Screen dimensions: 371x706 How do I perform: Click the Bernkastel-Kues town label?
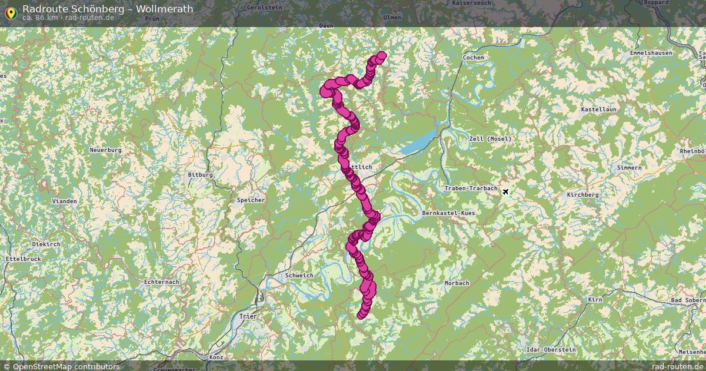[x=448, y=213]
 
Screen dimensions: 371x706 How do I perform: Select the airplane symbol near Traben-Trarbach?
[x=505, y=191]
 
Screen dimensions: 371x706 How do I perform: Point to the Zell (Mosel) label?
[x=491, y=139]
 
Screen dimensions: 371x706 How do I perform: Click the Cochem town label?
[x=473, y=58]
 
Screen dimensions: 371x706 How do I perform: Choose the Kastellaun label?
[x=598, y=110]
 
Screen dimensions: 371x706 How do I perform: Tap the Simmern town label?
[x=629, y=168]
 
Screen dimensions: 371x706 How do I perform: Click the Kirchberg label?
[x=582, y=195]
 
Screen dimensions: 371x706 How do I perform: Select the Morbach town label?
[x=457, y=283]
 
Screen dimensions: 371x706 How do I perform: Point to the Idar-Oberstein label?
[x=551, y=350]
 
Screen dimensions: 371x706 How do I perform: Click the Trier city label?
[x=248, y=316]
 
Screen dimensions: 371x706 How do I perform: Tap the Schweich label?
[x=299, y=276]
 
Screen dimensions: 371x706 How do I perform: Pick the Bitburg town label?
[x=200, y=175]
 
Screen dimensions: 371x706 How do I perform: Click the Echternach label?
[x=161, y=282]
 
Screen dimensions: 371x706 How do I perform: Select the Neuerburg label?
[x=105, y=150]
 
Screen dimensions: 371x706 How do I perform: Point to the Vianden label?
[x=65, y=201]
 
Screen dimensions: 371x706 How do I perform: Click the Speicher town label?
[x=251, y=200]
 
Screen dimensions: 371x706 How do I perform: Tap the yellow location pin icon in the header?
[x=10, y=12]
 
